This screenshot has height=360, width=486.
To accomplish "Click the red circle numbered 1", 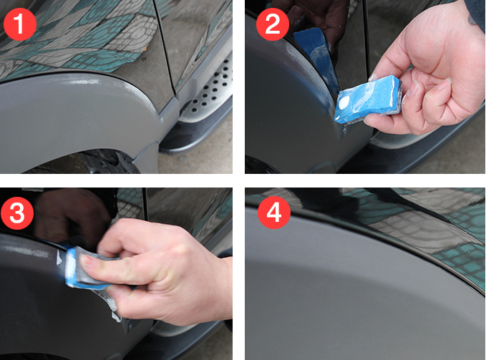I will click(x=20, y=24).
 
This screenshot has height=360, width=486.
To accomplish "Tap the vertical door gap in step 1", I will click(x=166, y=43).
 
